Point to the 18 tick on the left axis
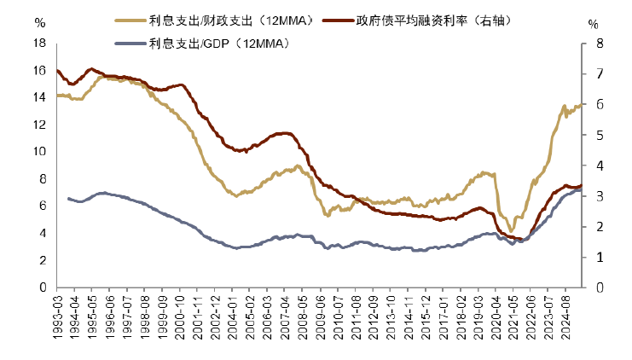click(x=39, y=43)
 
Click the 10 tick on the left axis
click(x=39, y=152)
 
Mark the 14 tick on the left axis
click(x=39, y=97)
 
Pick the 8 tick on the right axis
click(x=593, y=43)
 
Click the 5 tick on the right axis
click(x=593, y=135)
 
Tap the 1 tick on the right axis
click(x=593, y=257)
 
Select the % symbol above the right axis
click(x=593, y=24)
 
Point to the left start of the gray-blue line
click(x=68, y=199)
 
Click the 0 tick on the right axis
click(x=593, y=287)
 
